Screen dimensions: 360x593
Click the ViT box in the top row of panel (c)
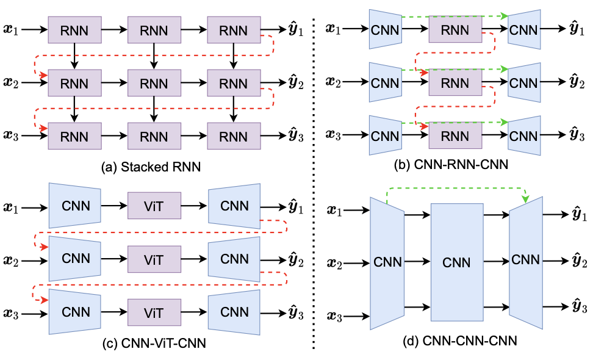(154, 206)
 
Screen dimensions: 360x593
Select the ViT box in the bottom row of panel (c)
(154, 312)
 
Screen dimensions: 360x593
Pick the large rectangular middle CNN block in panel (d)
(457, 263)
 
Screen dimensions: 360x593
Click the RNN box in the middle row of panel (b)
(455, 82)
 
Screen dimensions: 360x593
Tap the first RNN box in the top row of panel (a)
(74, 29)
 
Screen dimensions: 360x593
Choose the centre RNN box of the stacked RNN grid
(154, 82)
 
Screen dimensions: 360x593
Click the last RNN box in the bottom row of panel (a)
(234, 135)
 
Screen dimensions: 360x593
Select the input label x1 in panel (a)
(12, 29)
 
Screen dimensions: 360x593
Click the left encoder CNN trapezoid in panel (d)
(388, 263)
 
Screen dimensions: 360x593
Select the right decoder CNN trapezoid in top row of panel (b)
(524, 29)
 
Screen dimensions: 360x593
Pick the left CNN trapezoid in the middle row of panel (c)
(75, 259)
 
